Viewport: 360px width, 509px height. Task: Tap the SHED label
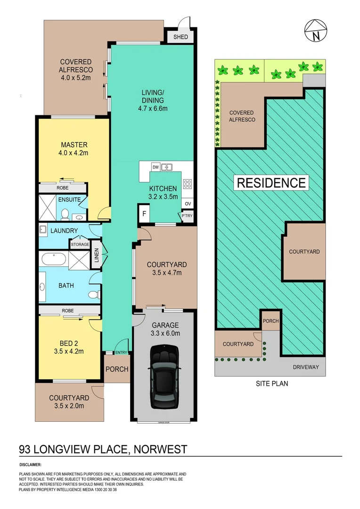click(181, 37)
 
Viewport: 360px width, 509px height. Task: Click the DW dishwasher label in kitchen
click(155, 167)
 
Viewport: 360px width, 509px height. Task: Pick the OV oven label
click(188, 204)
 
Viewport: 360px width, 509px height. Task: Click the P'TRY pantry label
click(187, 216)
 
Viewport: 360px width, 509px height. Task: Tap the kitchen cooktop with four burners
click(187, 184)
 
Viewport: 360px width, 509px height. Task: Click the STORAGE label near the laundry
click(80, 245)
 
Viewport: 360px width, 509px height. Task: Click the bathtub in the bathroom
click(53, 259)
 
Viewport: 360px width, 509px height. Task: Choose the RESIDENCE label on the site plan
click(271, 182)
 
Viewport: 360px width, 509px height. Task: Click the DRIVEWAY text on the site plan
click(305, 367)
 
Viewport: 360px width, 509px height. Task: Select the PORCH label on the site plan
click(271, 321)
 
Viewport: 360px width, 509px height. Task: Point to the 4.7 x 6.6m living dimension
click(152, 108)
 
